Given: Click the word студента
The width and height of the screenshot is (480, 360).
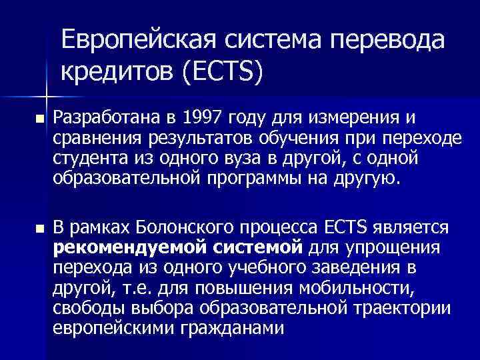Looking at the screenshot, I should pyautogui.click(x=85, y=159).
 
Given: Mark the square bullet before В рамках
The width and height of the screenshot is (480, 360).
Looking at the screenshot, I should pyautogui.click(x=38, y=229).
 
